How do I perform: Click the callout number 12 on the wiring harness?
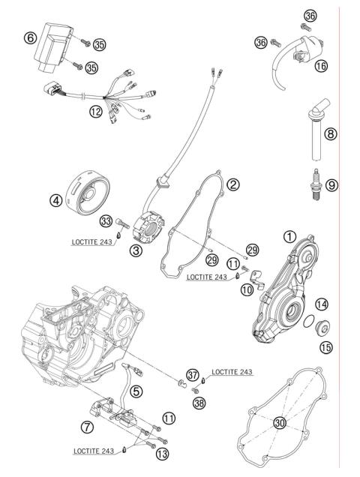tap(94, 111)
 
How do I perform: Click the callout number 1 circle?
tap(289, 235)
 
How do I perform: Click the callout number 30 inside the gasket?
tap(279, 422)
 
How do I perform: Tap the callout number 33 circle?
tap(106, 220)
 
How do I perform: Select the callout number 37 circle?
tap(193, 374)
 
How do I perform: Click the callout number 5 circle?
tap(136, 390)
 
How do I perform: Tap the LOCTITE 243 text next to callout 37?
tap(232, 371)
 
